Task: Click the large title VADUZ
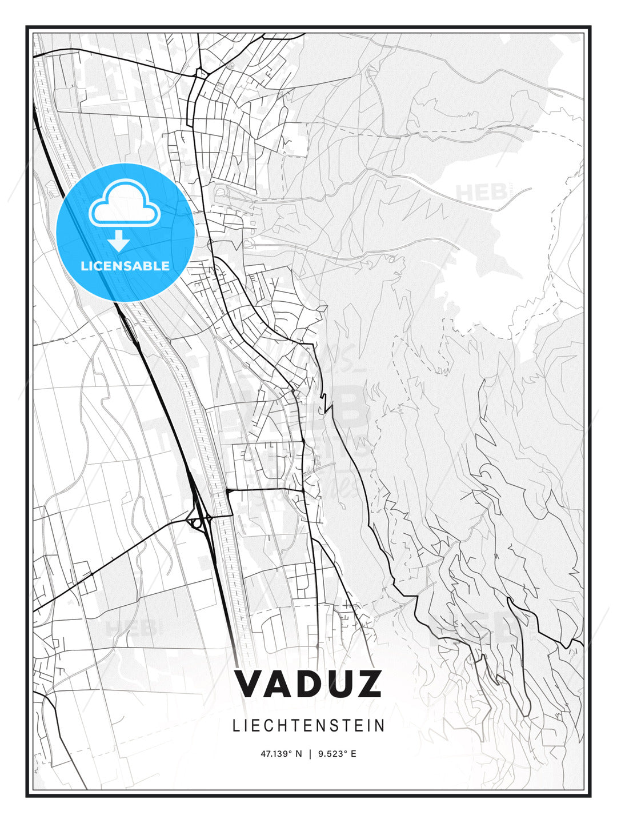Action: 308,684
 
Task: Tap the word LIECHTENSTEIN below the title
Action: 308,726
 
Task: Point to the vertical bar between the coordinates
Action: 310,754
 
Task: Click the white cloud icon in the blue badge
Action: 123,203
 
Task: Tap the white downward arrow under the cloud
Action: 119,241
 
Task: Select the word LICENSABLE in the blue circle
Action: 125,266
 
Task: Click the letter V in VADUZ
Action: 250,684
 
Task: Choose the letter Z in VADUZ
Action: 367,684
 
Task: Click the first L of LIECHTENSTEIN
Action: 236,726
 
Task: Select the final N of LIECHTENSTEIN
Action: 380,726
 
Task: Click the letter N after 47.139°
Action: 298,754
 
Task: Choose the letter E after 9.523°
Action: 354,754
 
